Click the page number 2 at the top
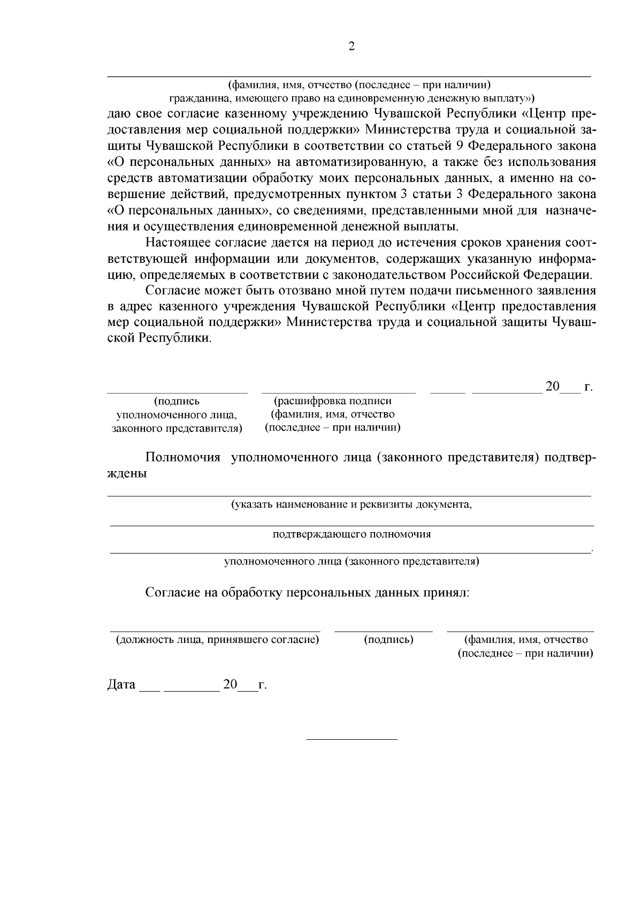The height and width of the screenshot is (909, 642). coord(351,47)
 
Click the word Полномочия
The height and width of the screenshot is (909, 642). coord(183,458)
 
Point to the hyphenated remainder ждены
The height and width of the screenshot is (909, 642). coord(127,474)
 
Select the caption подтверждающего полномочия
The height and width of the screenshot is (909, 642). coord(351,534)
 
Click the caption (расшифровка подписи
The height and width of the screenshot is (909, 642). coord(333,401)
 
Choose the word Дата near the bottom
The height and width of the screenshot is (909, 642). coord(121,685)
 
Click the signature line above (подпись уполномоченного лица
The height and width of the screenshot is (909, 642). coord(177,393)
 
